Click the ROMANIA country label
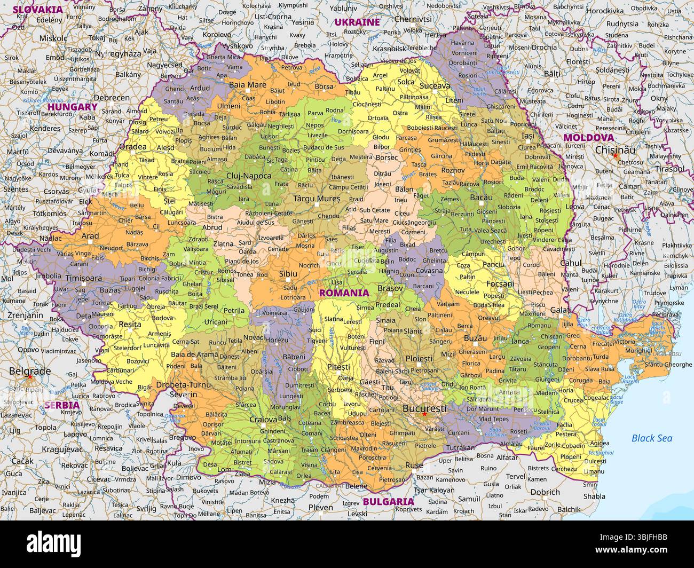coord(344,293)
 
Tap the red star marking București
coord(424,414)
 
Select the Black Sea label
coord(652,438)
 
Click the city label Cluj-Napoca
coord(249,175)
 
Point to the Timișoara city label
coord(84,278)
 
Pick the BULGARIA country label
coord(388,501)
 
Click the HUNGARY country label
coord(73,106)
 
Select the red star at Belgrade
coord(30,377)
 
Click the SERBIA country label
coord(62,405)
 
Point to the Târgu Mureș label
coord(317,199)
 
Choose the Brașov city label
coord(390,288)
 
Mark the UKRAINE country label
coord(357,22)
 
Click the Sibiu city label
coord(288,273)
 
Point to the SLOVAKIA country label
coord(38,9)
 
